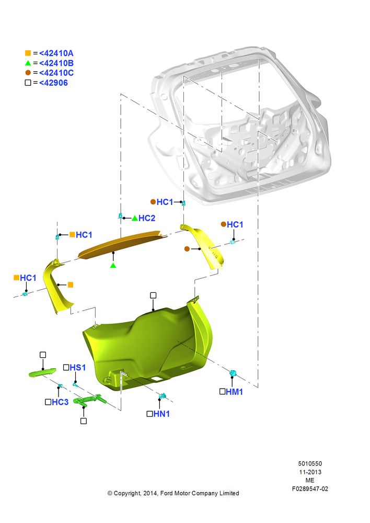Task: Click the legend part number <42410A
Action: [x=56, y=53]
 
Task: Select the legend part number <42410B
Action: [x=56, y=63]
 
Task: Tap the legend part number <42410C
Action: [x=56, y=73]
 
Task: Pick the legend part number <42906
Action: [x=53, y=83]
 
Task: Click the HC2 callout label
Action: [x=147, y=218]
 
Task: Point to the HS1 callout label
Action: [x=78, y=367]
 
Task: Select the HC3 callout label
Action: [x=60, y=402]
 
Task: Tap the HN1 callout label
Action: [x=161, y=414]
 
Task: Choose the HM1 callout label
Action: [x=234, y=392]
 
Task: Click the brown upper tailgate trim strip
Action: [x=120, y=244]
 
